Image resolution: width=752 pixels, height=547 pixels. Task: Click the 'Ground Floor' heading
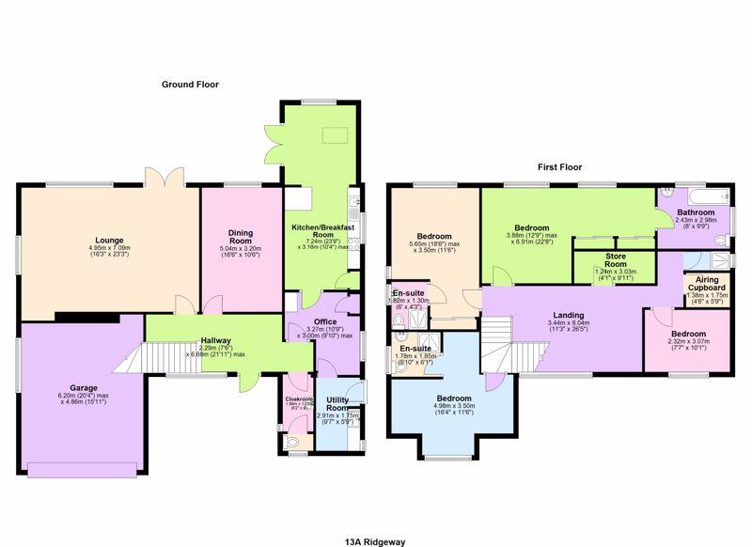[190, 85]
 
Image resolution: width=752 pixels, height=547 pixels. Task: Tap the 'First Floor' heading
[560, 167]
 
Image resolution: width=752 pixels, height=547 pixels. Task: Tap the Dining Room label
[242, 236]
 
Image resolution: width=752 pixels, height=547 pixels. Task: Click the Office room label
[325, 322]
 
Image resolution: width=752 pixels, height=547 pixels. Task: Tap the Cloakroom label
[298, 399]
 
